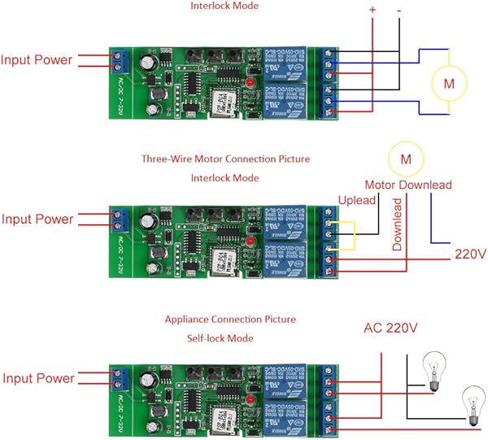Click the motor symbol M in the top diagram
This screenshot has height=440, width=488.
[x=448, y=82]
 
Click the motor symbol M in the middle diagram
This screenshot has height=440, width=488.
[x=404, y=156]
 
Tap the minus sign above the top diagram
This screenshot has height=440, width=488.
[x=399, y=10]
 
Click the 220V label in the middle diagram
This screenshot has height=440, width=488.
[x=469, y=255]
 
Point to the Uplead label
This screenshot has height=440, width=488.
[x=356, y=200]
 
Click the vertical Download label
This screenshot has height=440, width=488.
[x=398, y=222]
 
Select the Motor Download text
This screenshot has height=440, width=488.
[x=407, y=185]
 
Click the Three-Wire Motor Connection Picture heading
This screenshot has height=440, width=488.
[x=225, y=159]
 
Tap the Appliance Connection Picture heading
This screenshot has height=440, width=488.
[x=230, y=320]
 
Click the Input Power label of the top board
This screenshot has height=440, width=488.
[x=36, y=60]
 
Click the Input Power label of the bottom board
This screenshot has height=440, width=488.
[x=38, y=378]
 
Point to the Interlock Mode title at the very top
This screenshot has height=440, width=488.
[x=224, y=6]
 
